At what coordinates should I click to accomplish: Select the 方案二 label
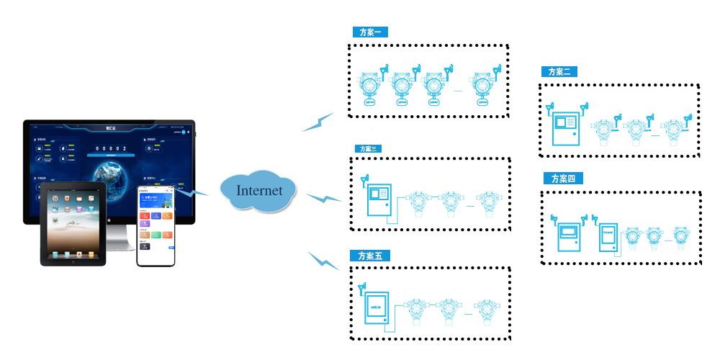tap(559, 72)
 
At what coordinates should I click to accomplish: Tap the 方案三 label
tap(369, 149)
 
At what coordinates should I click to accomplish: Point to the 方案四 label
tap(563, 179)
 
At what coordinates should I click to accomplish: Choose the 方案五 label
tap(369, 256)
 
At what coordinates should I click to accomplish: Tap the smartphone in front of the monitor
tap(156, 225)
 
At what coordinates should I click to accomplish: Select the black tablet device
tap(73, 223)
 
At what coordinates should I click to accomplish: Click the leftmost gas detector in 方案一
tap(370, 89)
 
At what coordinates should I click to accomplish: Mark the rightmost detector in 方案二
tap(673, 134)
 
